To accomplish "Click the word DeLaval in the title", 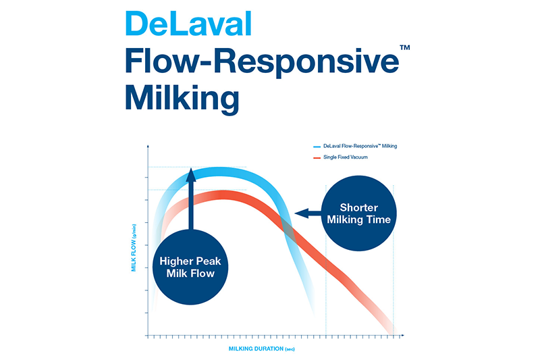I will point(188,25).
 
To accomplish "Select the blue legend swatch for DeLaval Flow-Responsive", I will point(317,147).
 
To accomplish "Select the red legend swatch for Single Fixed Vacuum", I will point(317,158).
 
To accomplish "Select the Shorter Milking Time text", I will point(358,213).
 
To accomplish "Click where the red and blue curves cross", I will point(288,230).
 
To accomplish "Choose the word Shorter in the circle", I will point(358,207).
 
